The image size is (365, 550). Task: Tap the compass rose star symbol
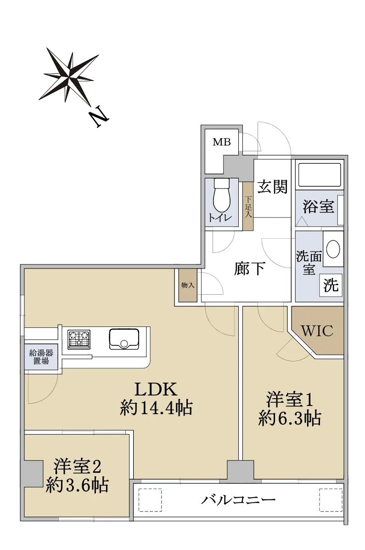click(x=71, y=75)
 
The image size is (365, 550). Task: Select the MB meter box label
click(x=222, y=142)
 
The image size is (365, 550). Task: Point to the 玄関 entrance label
click(x=273, y=187)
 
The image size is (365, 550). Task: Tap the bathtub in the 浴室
click(x=319, y=174)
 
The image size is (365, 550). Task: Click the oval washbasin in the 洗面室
click(x=333, y=249)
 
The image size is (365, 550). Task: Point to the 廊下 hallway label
click(x=249, y=269)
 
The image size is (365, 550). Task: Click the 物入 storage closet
click(x=188, y=285)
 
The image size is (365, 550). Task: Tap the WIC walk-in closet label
click(x=317, y=331)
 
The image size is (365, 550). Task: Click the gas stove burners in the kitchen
click(x=79, y=339)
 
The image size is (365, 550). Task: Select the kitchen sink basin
click(x=124, y=339)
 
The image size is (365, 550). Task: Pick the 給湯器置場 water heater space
click(x=41, y=356)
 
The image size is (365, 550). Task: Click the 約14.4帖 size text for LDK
click(x=156, y=408)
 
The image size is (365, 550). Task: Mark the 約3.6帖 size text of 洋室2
click(x=77, y=486)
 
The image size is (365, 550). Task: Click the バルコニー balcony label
click(x=238, y=499)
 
